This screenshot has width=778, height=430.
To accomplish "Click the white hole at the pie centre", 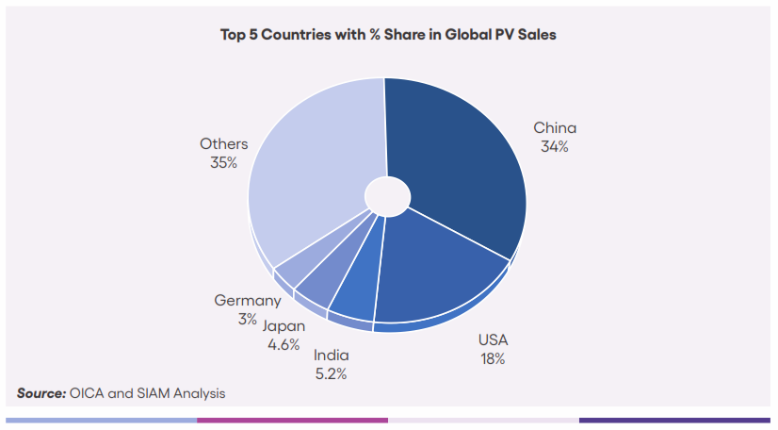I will tap(387, 194).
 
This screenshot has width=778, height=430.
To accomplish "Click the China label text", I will tap(555, 128).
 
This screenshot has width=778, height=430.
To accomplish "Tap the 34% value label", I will tap(554, 147).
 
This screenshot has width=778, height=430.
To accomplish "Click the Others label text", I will tap(224, 144).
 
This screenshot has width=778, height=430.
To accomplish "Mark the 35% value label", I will tap(224, 163).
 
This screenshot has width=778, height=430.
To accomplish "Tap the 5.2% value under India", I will tap(332, 373).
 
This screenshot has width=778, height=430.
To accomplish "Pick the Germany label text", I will tap(248, 301).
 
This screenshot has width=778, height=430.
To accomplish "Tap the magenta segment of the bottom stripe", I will tap(292, 420).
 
